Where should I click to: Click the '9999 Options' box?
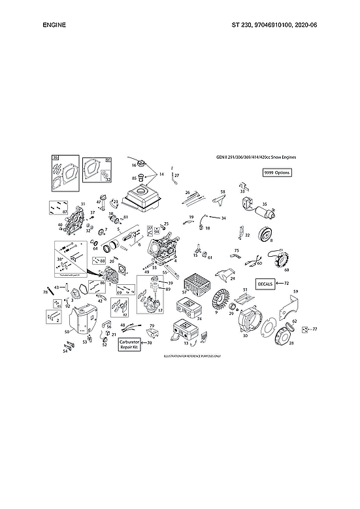tap(276, 172)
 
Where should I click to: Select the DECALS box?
tap(265, 284)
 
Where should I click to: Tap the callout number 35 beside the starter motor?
tap(265, 203)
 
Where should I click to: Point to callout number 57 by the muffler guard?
tap(184, 292)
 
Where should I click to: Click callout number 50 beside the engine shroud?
tap(67, 333)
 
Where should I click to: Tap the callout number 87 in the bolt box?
tap(64, 212)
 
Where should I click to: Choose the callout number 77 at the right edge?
tap(314, 329)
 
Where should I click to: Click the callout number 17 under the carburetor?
tap(160, 310)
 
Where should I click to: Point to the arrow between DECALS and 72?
tap(279, 284)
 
